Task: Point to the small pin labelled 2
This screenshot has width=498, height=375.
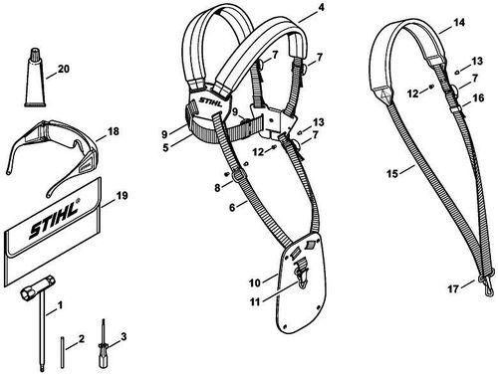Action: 63,352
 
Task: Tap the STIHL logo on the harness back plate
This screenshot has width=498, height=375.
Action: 211,101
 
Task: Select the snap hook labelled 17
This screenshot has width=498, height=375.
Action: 485,284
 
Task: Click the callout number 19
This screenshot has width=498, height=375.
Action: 123,195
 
